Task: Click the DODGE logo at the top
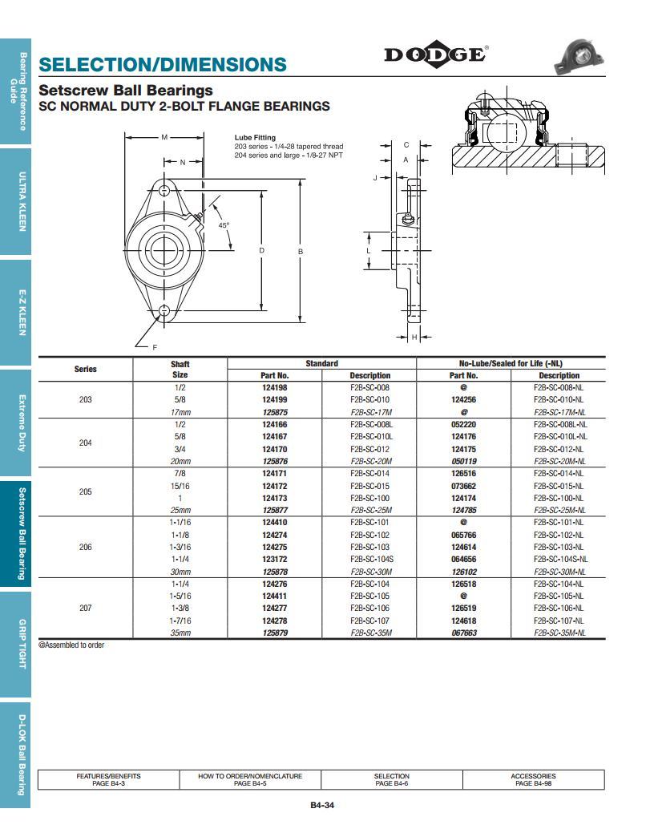[435, 55]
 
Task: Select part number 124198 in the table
[274, 387]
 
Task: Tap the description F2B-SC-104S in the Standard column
[369, 559]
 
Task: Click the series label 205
[86, 491]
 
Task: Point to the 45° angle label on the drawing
[224, 225]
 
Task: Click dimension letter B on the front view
[301, 252]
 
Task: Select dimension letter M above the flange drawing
[164, 137]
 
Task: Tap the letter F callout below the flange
[155, 346]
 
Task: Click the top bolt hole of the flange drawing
[165, 190]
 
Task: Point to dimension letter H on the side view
[414, 338]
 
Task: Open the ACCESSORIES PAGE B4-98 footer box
[533, 779]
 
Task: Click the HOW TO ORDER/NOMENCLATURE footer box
[250, 779]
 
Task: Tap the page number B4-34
[321, 806]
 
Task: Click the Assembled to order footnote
[71, 645]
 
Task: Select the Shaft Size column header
[180, 370]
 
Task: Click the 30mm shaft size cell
[180, 572]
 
